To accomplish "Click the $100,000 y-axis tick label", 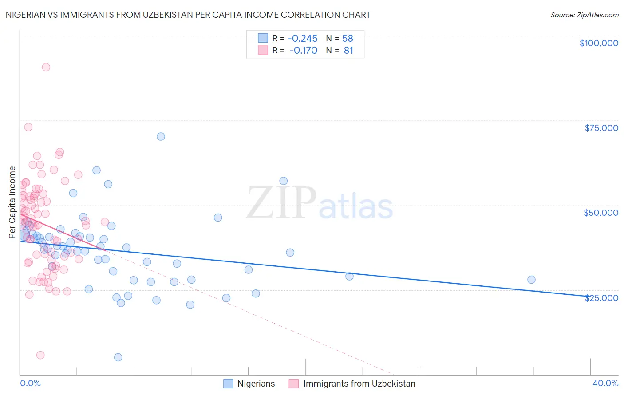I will coord(599,43).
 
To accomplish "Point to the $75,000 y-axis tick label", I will coord(601,128).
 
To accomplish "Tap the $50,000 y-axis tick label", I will coord(601,213).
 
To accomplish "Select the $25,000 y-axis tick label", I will coord(601,297).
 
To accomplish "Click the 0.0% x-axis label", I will coord(30,383).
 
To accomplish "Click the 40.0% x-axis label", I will coord(605,383).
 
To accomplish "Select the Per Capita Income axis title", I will coord(12,202).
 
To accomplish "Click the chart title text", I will coord(188,15).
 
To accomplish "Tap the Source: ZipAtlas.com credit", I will coord(584,15).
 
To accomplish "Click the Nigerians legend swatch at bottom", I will coord(228,384).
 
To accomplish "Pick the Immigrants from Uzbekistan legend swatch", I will coord(294,384).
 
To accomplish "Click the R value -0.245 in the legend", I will coord(303,38).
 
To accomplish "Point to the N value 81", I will coord(348,51).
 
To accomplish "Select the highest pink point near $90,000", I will coord(46,67).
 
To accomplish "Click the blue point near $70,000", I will coord(161,136).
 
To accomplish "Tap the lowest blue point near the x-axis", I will coord(118,357).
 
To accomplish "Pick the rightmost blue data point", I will coord(531,280).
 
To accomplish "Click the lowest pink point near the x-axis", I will coord(40,355).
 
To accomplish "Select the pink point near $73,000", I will coord(28,127).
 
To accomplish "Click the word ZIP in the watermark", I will coord(281,202).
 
